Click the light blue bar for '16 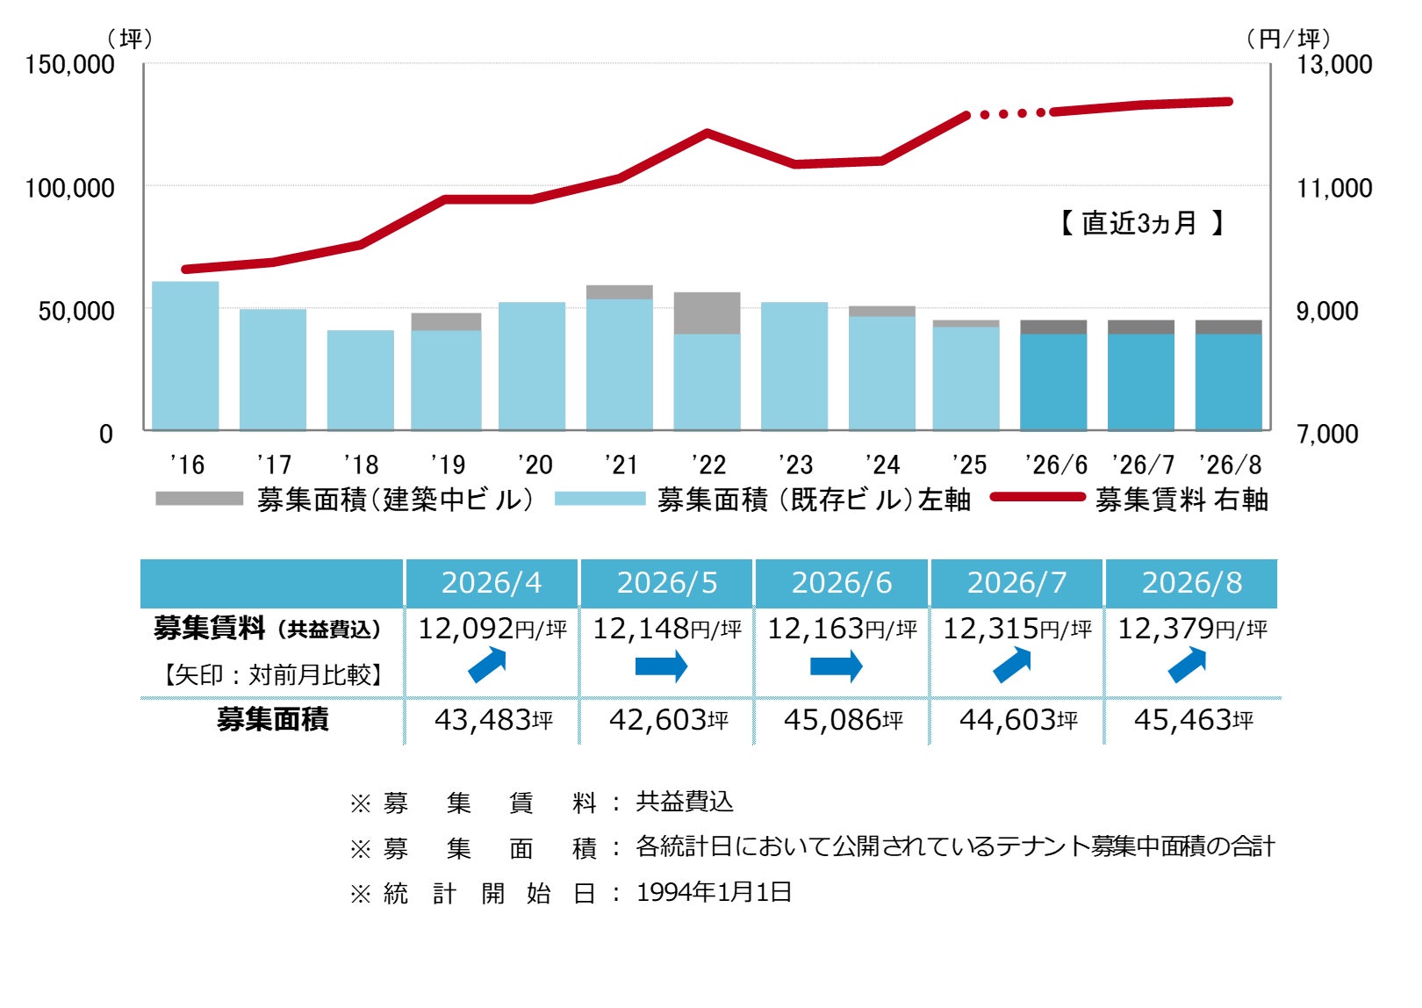pyautogui.click(x=185, y=356)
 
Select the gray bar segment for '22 pyautogui.click(x=707, y=313)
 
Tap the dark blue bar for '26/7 pyautogui.click(x=1141, y=382)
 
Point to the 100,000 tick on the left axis pyautogui.click(x=69, y=189)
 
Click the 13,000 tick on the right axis pyautogui.click(x=1333, y=65)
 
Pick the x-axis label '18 pyautogui.click(x=361, y=465)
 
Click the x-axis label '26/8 pyautogui.click(x=1230, y=465)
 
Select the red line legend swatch pyautogui.click(x=1038, y=497)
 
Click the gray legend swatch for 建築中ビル pyautogui.click(x=199, y=499)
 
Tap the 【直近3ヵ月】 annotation pyautogui.click(x=1142, y=223)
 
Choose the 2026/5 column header pyautogui.click(x=666, y=583)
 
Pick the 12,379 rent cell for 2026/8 pyautogui.click(x=1192, y=629)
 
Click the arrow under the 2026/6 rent pyautogui.click(x=836, y=666)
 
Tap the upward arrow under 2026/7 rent pyautogui.click(x=1012, y=665)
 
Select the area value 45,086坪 pyautogui.click(x=843, y=720)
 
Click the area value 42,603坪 pyautogui.click(x=669, y=720)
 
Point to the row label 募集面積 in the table pyautogui.click(x=272, y=720)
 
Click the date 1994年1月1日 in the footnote pyautogui.click(x=715, y=892)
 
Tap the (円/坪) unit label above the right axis pyautogui.click(x=1288, y=40)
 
